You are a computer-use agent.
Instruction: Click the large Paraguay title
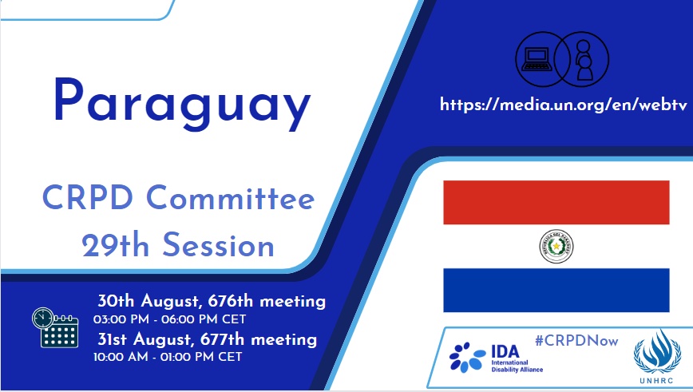tap(181, 105)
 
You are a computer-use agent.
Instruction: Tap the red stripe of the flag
tap(556, 203)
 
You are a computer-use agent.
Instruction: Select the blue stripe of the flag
tap(556, 289)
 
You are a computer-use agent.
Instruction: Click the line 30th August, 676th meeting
tap(212, 301)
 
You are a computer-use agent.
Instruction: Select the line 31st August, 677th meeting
tap(207, 339)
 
